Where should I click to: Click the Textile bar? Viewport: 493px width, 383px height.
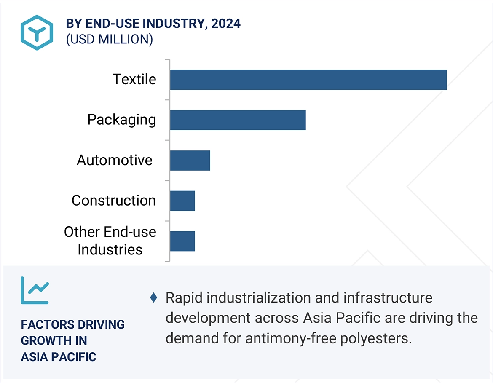pos(308,80)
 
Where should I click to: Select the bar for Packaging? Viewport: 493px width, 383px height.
pos(238,120)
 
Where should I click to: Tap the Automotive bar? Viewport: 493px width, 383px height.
pos(190,161)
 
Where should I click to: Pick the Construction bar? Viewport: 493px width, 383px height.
pos(182,201)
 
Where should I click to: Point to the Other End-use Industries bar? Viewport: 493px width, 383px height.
pos(182,241)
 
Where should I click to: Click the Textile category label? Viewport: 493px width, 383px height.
pos(134,79)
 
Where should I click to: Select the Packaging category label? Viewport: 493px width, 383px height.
pos(121,120)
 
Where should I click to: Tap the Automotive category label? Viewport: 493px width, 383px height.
pos(114,160)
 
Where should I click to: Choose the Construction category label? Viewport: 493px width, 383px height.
pos(113,201)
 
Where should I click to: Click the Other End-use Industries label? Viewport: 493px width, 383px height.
pos(110,241)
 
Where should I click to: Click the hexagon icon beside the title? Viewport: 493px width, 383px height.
pos(37,32)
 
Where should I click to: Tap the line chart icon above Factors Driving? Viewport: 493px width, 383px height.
pos(35,290)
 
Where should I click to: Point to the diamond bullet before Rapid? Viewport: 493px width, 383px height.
pos(153,298)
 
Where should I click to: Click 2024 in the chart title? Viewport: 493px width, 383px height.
pos(226,24)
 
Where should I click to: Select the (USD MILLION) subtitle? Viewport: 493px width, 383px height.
pos(109,39)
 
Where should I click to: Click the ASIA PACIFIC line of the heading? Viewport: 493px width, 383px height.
pos(59,357)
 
